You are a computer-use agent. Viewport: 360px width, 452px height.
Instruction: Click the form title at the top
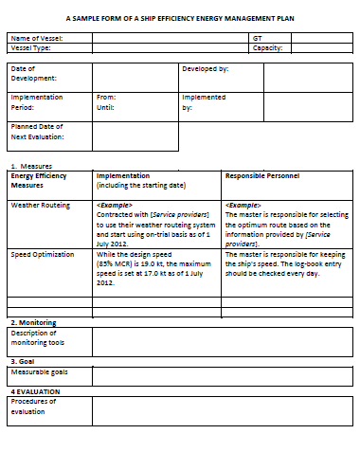coord(180,18)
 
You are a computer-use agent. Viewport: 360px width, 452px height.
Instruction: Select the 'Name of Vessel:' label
coord(37,38)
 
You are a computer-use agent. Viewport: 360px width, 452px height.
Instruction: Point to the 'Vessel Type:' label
coord(31,47)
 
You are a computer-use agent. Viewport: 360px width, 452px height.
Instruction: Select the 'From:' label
coord(106,97)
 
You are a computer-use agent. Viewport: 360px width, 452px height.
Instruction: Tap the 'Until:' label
coord(105,107)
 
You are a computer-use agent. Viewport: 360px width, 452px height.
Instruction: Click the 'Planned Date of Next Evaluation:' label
coord(37,131)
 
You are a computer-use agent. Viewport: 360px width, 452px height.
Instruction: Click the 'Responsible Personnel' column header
coord(262,175)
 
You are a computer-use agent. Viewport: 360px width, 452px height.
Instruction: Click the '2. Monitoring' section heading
coord(33,322)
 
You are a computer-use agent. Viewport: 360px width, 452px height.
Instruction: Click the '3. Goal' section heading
coord(23,361)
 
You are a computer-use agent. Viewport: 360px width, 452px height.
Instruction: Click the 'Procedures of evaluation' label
coord(34,407)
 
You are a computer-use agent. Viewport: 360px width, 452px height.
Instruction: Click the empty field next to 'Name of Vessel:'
coord(169,38)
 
